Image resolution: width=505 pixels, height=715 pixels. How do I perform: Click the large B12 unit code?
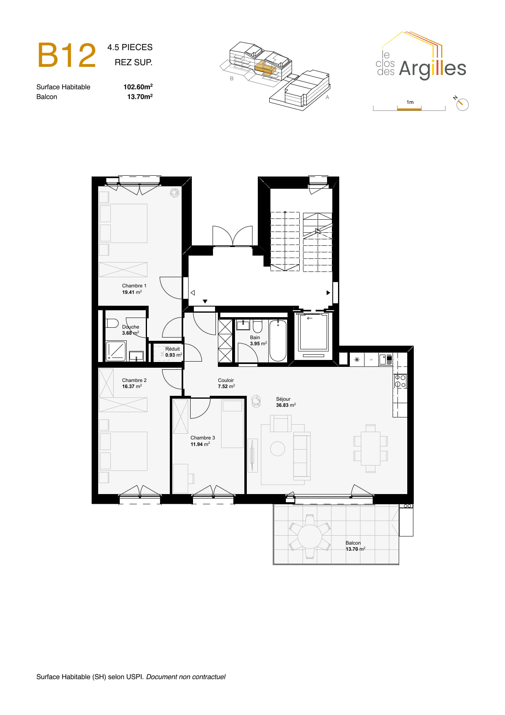click(x=67, y=55)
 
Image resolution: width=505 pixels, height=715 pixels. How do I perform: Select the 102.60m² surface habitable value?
click(x=138, y=87)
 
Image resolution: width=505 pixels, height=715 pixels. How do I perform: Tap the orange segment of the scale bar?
click(x=409, y=109)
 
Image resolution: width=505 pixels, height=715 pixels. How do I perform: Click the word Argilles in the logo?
click(x=432, y=68)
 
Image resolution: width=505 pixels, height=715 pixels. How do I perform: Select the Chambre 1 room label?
click(x=134, y=286)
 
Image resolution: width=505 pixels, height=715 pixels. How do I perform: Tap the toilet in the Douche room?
click(x=112, y=323)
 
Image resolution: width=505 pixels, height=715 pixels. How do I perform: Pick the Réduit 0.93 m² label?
click(x=173, y=352)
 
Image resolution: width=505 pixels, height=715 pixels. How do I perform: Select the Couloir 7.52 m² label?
click(x=226, y=383)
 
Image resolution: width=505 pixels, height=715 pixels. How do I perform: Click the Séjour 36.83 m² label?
click(x=285, y=402)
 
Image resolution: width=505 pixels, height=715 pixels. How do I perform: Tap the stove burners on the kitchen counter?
click(x=400, y=381)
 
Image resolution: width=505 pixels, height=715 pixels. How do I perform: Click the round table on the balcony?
click(x=310, y=536)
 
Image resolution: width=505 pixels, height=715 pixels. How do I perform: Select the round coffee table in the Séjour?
click(x=277, y=449)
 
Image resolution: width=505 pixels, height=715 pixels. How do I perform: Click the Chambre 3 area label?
click(x=202, y=441)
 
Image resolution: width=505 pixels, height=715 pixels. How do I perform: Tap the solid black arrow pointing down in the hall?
click(x=205, y=302)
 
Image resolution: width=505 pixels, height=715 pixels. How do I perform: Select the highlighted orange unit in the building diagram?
click(x=265, y=68)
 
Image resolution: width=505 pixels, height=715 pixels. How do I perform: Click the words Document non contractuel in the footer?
click(x=186, y=677)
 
